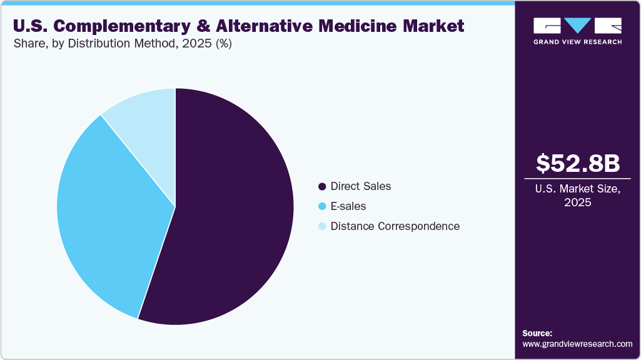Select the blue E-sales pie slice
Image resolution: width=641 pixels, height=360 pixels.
point(106,212)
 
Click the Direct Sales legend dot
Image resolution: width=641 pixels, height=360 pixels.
point(322,186)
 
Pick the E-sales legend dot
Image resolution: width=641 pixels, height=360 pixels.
point(322,206)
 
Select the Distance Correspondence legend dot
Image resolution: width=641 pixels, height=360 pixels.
point(322,226)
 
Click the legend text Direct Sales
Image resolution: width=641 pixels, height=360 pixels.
point(360,186)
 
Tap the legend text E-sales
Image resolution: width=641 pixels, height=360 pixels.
point(348,206)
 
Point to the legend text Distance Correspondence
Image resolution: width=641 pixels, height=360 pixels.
point(395,226)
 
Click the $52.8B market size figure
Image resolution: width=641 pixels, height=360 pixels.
point(578,163)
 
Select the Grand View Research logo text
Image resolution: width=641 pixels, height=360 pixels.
point(577,42)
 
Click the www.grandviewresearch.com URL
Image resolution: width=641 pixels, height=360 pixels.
point(577,344)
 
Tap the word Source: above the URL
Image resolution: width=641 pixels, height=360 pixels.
point(537,334)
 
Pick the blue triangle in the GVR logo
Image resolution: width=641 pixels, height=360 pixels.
point(578,26)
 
